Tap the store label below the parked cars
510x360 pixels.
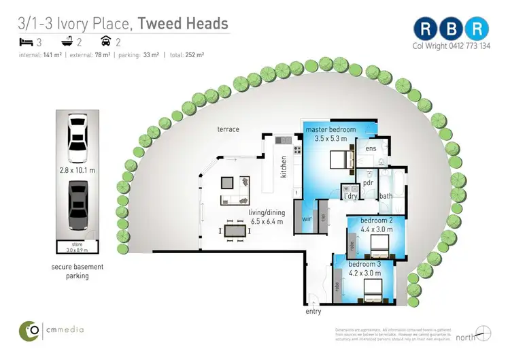pyautogui.click(x=78, y=244)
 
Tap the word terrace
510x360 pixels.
pyautogui.click(x=228, y=129)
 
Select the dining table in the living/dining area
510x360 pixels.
pyautogui.click(x=235, y=231)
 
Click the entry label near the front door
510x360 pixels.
pyautogui.click(x=313, y=312)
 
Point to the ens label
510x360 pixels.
pyautogui.click(x=371, y=148)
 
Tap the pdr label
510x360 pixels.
pyautogui.click(x=369, y=182)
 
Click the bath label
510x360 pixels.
pyautogui.click(x=386, y=197)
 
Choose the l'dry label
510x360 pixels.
pyautogui.click(x=351, y=196)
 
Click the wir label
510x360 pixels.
pyautogui.click(x=307, y=220)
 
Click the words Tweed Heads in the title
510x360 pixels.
pyautogui.click(x=183, y=24)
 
